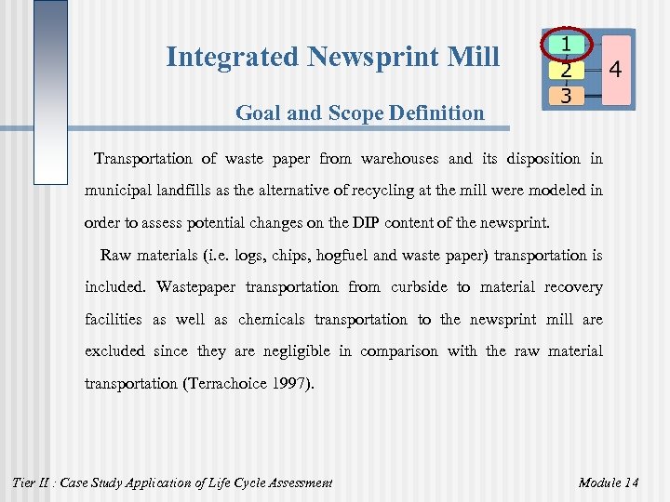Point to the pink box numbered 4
click(614, 70)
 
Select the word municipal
click(119, 191)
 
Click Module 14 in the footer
click(609, 482)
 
